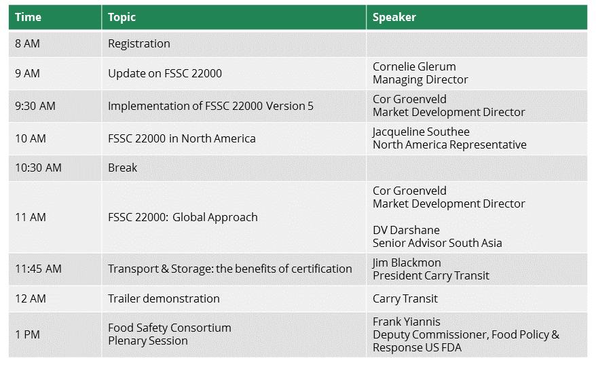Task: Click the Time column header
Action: [x=28, y=17]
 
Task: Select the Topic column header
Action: [x=122, y=18]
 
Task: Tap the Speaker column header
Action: [x=394, y=18]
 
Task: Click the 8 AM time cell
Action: [x=27, y=43]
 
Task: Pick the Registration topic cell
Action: [x=139, y=44]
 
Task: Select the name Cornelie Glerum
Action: [x=414, y=66]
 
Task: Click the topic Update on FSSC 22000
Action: [x=165, y=73]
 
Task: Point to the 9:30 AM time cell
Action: [x=35, y=106]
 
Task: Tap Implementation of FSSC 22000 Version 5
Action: [x=210, y=106]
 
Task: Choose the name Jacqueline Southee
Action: [x=421, y=132]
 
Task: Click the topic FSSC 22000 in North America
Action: [x=182, y=138]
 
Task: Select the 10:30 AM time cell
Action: [x=39, y=168]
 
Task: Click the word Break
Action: [x=122, y=168]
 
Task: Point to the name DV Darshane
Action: [x=407, y=230]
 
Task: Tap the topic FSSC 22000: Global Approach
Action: [x=183, y=217]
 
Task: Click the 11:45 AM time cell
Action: [x=39, y=269]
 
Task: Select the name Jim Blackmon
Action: [x=407, y=263]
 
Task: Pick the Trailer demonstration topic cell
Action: [x=164, y=298]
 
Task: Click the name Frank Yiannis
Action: [x=407, y=322]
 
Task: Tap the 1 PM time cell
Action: [x=27, y=334]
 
